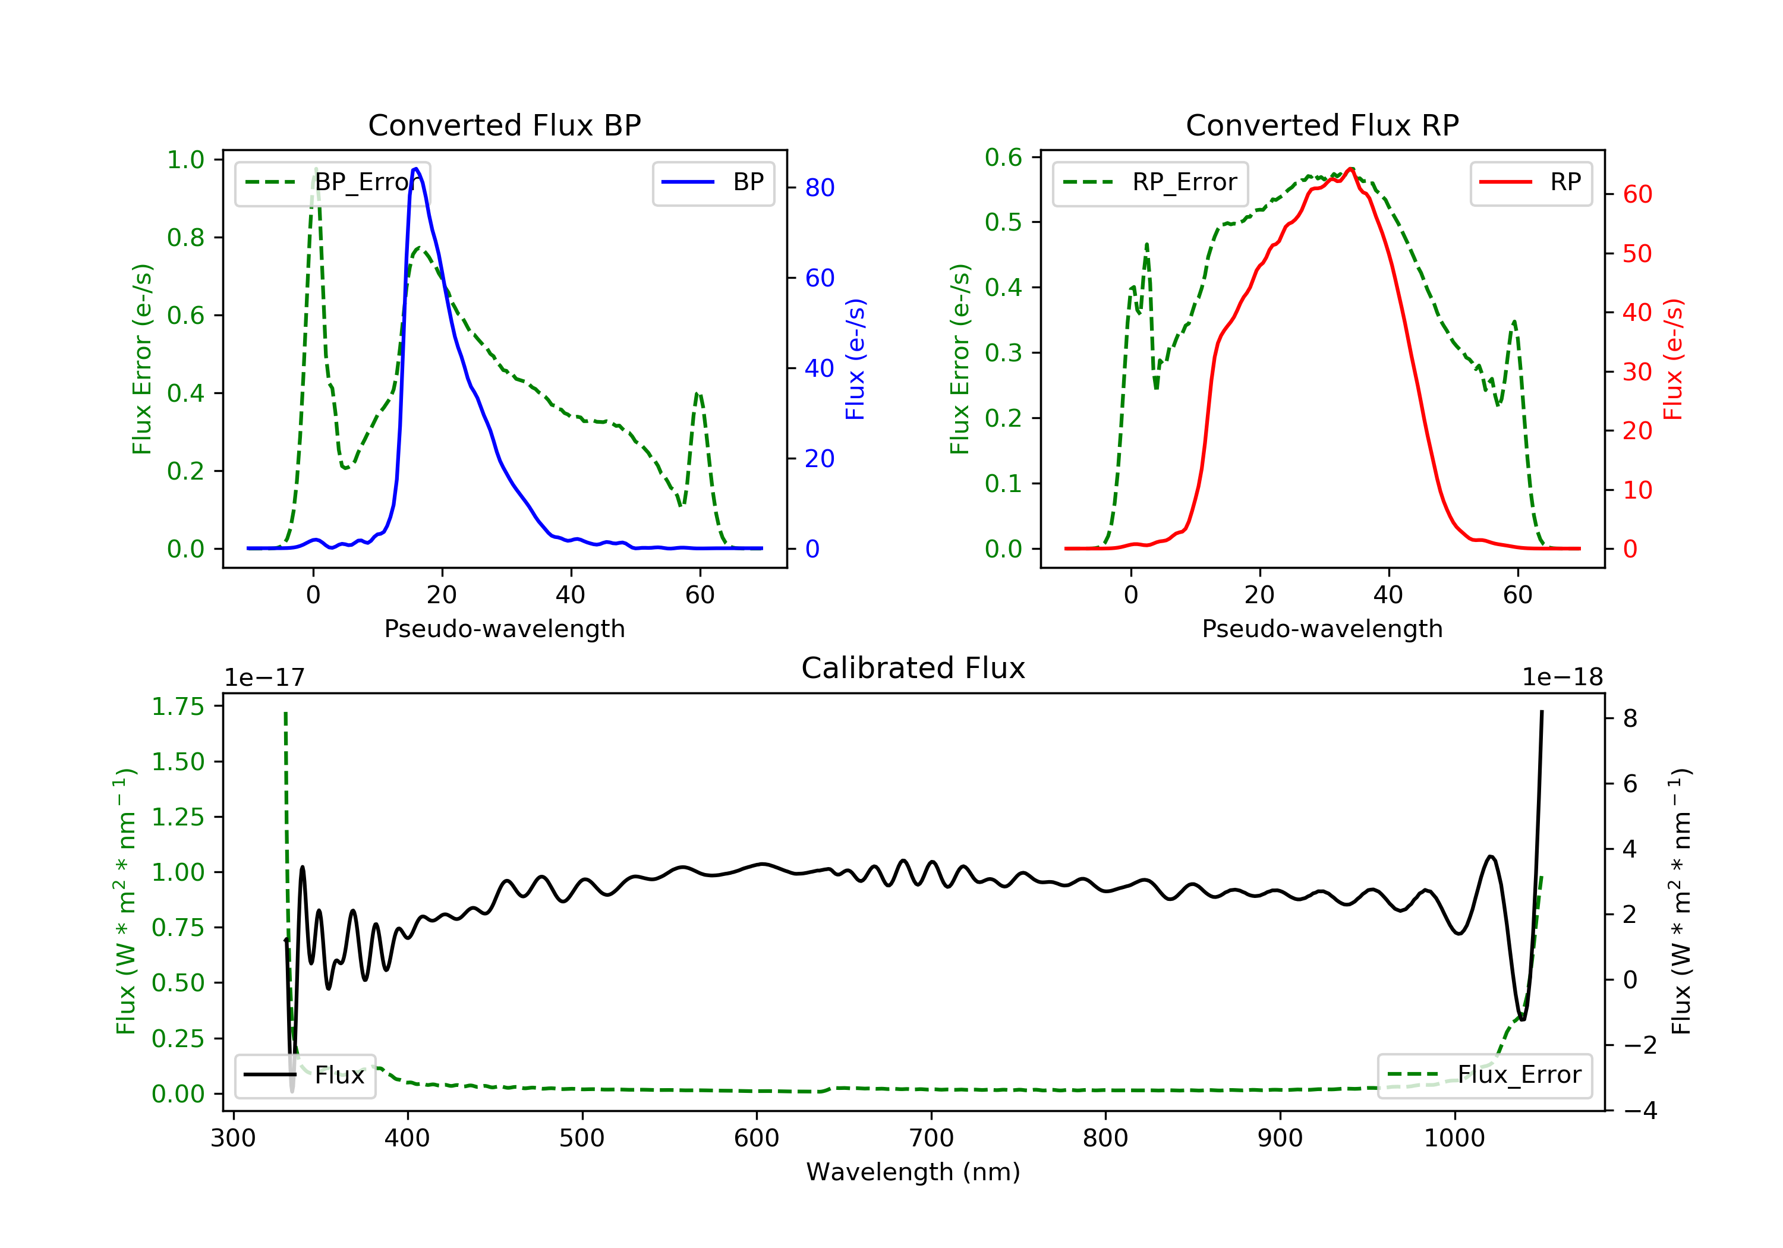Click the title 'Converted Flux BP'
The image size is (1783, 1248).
(x=504, y=125)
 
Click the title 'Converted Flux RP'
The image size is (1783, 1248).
(x=1322, y=125)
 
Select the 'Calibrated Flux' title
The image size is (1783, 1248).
(x=913, y=668)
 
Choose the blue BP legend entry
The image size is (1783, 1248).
(x=713, y=182)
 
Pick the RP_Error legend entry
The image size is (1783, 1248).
(x=1150, y=182)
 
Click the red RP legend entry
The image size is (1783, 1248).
(x=1530, y=182)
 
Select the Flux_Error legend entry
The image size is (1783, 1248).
(x=1484, y=1075)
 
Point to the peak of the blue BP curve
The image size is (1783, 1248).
(x=415, y=169)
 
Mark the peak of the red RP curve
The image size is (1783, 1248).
(x=1352, y=169)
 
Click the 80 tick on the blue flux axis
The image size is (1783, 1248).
(x=819, y=187)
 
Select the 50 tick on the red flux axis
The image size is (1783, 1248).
(x=1637, y=254)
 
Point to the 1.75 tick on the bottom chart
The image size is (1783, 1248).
(x=178, y=707)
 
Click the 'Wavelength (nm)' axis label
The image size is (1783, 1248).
(x=913, y=1172)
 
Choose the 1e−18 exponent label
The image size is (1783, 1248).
(x=1563, y=677)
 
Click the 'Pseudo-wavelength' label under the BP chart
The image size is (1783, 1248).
(x=505, y=628)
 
